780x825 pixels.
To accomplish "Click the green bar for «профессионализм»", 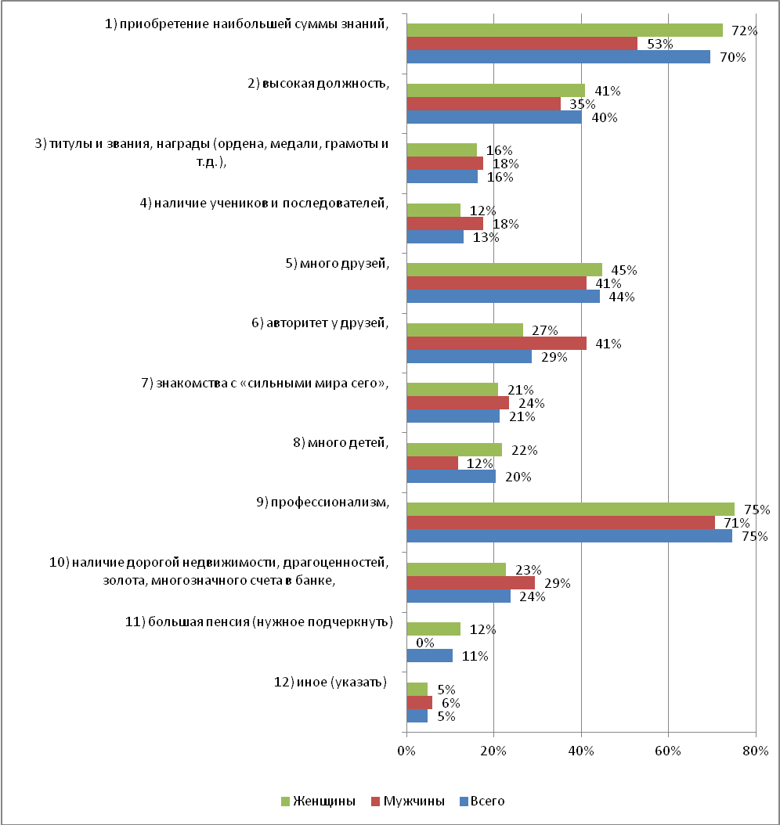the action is pyautogui.click(x=571, y=510).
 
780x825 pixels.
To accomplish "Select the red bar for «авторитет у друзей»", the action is pyautogui.click(x=497, y=343).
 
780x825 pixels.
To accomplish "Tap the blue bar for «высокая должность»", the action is pyautogui.click(x=494, y=117).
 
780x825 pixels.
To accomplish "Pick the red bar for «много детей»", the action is pyautogui.click(x=432, y=463).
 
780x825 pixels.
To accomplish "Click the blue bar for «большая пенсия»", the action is pyautogui.click(x=429, y=656).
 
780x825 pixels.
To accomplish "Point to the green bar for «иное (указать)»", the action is pyautogui.click(x=417, y=690).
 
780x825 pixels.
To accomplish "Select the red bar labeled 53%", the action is pyautogui.click(x=522, y=44).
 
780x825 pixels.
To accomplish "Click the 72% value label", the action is pyautogui.click(x=744, y=31).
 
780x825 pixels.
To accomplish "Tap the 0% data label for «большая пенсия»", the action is pyautogui.click(x=424, y=643).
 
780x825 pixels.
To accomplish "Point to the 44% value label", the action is pyautogui.click(x=622, y=297).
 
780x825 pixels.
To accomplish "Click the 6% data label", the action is pyautogui.click(x=450, y=703).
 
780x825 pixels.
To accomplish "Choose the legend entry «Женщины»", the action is pyautogui.click(x=319, y=802).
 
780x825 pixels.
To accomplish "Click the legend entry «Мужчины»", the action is pyautogui.click(x=408, y=802).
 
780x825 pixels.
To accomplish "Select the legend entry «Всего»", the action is pyautogui.click(x=482, y=802).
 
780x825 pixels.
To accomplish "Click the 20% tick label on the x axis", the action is pyautogui.click(x=493, y=751).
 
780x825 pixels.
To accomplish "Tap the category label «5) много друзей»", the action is pyautogui.click(x=338, y=263).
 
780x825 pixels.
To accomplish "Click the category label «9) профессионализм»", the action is pyautogui.click(x=323, y=503).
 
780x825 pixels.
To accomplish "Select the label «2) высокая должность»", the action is pyautogui.click(x=319, y=84).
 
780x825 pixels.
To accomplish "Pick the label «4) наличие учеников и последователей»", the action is pyautogui.click(x=264, y=203).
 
